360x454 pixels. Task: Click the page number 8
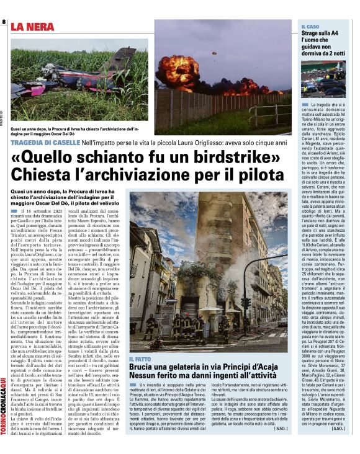click(x=4, y=22)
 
